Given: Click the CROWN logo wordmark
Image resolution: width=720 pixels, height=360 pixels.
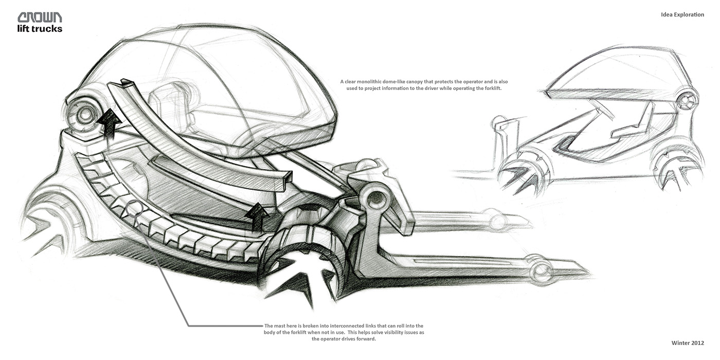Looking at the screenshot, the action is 40,17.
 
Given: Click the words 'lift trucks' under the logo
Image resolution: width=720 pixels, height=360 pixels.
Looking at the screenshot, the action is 40,29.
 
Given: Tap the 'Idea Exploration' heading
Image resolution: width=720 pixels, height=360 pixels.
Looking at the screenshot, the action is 682,14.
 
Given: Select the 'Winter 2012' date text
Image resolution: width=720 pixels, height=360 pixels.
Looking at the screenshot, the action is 688,343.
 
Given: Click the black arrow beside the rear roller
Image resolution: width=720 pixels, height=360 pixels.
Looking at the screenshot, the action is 109,124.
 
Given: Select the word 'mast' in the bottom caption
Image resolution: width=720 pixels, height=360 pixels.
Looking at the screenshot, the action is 281,326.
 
